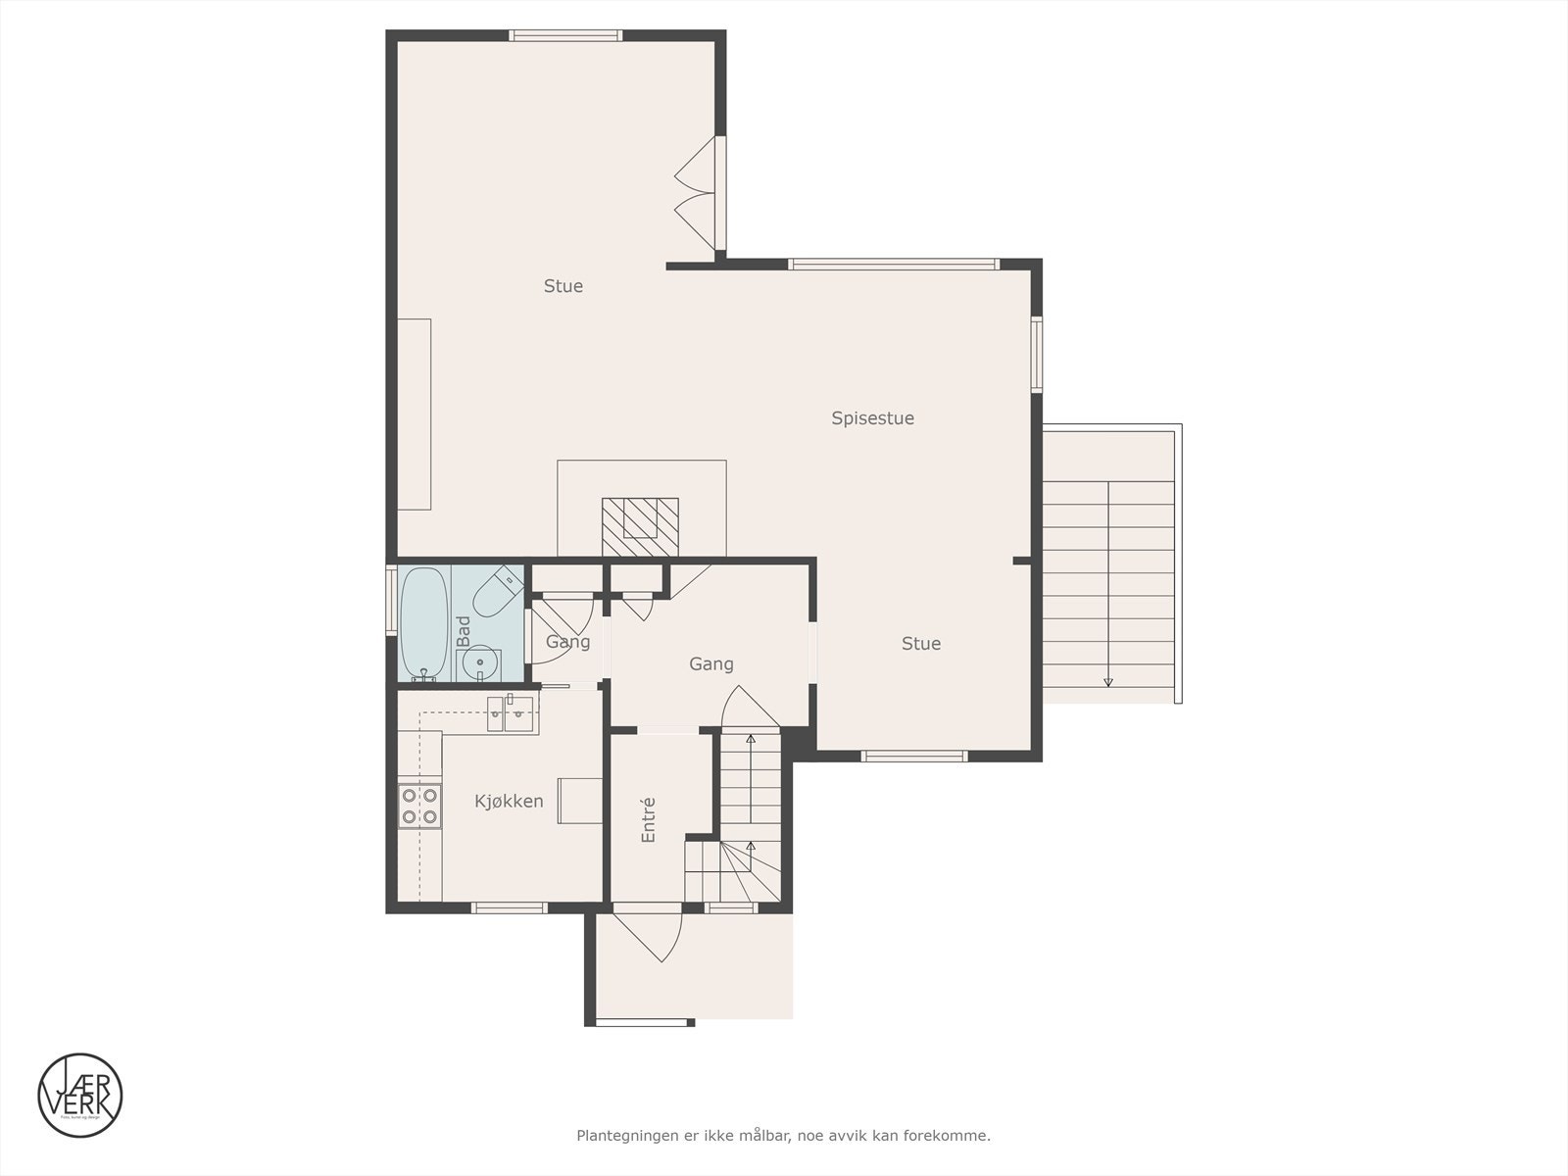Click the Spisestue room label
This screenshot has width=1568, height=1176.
click(x=872, y=418)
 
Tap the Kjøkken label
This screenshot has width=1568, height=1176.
click(x=509, y=802)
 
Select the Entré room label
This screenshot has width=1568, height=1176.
click(x=648, y=819)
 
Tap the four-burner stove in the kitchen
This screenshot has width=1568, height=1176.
click(x=418, y=806)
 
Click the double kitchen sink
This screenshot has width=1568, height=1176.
click(x=512, y=713)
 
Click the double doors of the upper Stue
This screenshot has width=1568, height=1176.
click(x=698, y=193)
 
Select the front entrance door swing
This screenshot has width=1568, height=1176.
click(x=648, y=936)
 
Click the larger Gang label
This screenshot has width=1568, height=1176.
click(x=710, y=664)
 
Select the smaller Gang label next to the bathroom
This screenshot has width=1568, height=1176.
click(x=568, y=643)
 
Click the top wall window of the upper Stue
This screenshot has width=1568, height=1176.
click(x=565, y=36)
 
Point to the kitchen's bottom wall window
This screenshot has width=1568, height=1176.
click(x=509, y=907)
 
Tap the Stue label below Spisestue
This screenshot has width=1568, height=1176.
click(x=921, y=644)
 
